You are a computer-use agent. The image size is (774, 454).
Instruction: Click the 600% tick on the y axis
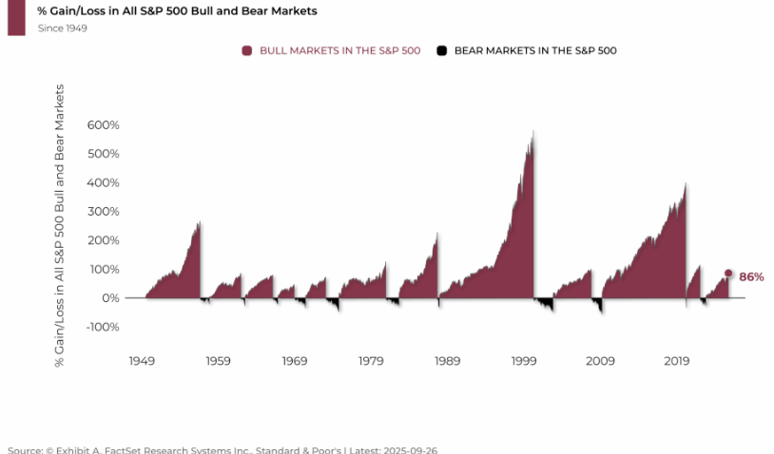coord(104,125)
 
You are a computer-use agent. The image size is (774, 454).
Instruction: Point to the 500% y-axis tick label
coord(104,154)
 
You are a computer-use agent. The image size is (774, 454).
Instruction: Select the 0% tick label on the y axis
coord(109,298)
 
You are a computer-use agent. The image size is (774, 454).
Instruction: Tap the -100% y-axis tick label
coord(101,327)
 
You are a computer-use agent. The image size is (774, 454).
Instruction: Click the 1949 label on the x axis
coord(142,361)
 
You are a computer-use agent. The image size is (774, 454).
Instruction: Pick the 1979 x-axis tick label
coord(372,361)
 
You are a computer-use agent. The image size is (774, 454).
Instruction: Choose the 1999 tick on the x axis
coord(524,361)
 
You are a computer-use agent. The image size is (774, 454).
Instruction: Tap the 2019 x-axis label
coord(677,361)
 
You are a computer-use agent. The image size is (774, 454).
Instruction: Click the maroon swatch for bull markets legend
coord(247,50)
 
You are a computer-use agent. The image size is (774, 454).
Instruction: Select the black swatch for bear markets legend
coord(441,50)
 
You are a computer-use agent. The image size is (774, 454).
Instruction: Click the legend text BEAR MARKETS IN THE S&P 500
coord(535,50)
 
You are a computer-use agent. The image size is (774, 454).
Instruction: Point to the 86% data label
coord(751,276)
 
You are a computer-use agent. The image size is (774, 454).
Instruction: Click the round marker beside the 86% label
coord(728,274)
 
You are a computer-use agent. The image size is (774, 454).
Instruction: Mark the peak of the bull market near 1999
coord(533,131)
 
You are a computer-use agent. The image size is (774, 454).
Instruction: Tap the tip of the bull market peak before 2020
coord(686,183)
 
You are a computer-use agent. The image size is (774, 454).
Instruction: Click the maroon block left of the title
coord(16,17)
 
